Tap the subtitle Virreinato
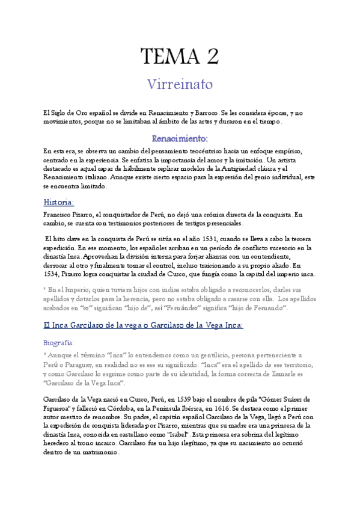180,84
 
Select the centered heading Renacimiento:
180,138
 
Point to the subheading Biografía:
59,342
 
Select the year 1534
52,274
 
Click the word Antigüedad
225,169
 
